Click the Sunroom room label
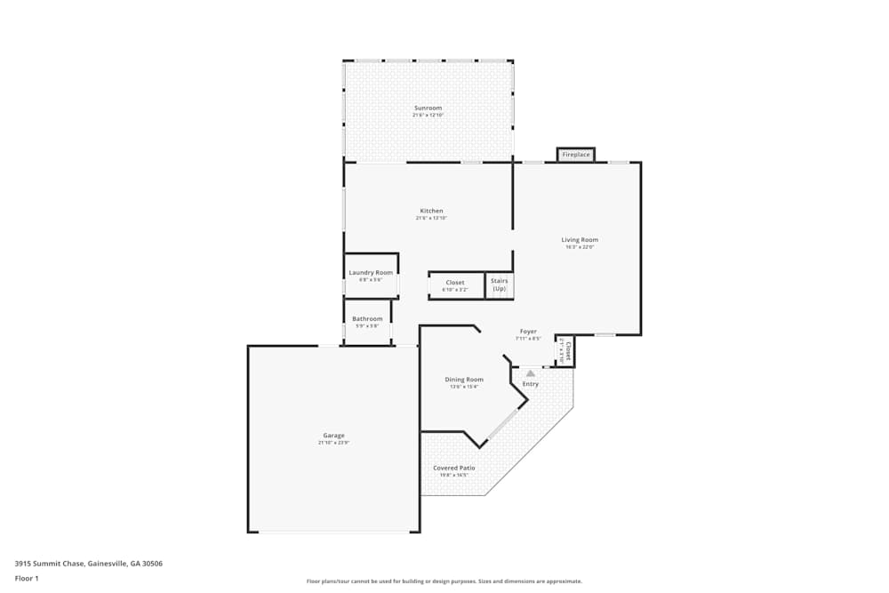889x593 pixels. (428, 108)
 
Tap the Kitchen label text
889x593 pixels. (431, 211)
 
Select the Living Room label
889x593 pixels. (579, 239)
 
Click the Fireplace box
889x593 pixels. (576, 155)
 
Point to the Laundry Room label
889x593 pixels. (371, 272)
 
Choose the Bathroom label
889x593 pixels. (367, 318)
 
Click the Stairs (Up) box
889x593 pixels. (499, 284)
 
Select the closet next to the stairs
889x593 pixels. (455, 284)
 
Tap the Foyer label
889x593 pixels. (528, 332)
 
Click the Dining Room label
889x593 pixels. (464, 380)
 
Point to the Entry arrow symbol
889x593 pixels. (531, 373)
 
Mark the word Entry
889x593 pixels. (531, 384)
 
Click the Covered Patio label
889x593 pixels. (453, 468)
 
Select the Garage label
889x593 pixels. (333, 436)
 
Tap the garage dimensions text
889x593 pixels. (333, 443)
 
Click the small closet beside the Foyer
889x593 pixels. (564, 350)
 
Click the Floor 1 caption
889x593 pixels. (27, 578)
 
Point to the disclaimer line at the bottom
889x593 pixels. (444, 581)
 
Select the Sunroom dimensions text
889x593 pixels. (428, 115)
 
